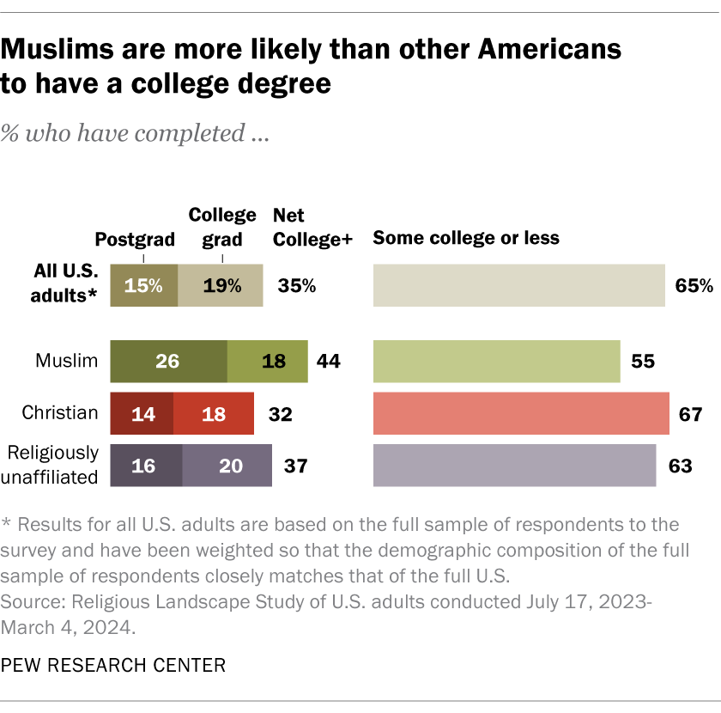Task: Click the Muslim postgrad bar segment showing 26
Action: [168, 361]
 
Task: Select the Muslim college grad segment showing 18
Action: [267, 361]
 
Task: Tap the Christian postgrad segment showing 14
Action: [142, 413]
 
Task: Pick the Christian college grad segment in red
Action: [214, 413]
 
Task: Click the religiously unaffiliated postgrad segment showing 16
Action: [146, 466]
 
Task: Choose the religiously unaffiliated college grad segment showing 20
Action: [227, 466]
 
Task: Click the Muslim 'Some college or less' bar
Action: [496, 361]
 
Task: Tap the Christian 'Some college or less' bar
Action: [521, 413]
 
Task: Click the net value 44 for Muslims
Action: [328, 361]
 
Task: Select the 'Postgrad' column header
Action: [135, 239]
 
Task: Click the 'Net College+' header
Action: [312, 228]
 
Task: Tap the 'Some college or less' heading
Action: [466, 238]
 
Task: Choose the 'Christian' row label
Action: [60, 413]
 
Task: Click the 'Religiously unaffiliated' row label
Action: [53, 466]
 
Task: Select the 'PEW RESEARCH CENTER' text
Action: [113, 664]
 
